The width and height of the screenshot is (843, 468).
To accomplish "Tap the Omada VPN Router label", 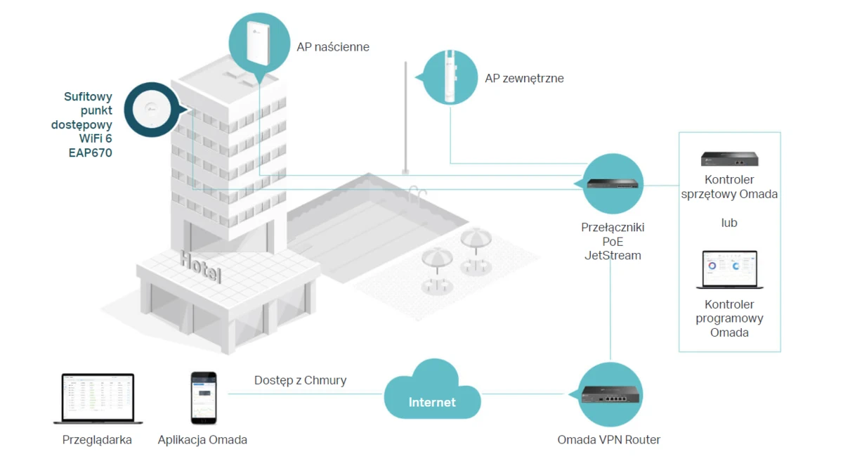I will click(608, 440).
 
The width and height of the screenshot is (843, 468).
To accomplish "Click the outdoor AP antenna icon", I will click(449, 76).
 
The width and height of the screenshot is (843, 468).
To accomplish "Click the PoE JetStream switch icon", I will click(612, 184).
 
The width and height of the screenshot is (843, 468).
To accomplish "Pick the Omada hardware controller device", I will click(729, 159).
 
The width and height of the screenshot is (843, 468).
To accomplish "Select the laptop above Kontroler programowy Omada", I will click(729, 270).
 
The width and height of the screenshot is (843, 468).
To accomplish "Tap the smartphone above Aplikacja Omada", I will click(204, 398).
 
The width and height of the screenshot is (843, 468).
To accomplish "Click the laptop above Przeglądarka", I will click(98, 398).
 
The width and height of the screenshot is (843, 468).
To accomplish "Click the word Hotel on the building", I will click(201, 266).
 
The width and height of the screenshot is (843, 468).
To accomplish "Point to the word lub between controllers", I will click(729, 223).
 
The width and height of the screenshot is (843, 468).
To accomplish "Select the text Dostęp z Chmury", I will click(300, 380).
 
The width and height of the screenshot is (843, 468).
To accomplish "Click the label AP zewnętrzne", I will click(524, 78).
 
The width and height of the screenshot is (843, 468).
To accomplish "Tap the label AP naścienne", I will click(333, 47).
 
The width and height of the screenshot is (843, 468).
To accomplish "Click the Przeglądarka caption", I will click(97, 440).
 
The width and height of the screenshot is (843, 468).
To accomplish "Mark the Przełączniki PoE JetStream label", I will click(613, 242).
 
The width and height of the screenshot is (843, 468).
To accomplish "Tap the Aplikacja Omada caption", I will click(202, 440).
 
